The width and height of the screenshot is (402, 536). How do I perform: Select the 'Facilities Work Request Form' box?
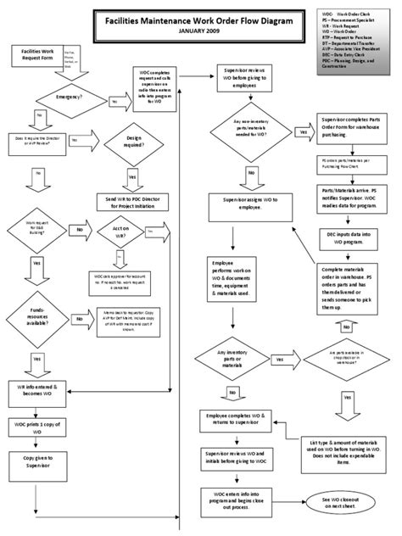tap(37, 56)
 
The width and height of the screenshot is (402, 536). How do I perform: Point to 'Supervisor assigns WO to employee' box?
tap(238, 204)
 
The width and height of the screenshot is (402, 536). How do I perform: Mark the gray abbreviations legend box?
tap(356, 38)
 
